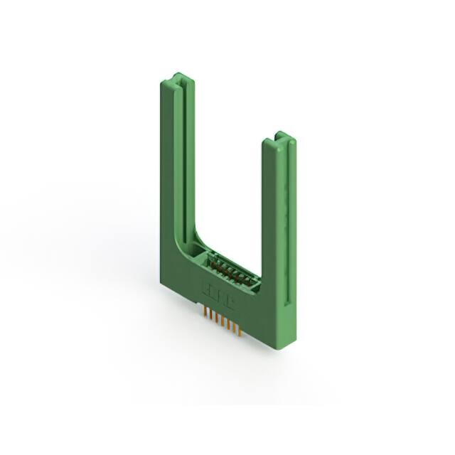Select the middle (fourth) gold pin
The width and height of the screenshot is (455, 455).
(222, 321)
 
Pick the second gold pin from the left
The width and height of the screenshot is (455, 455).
(211, 315)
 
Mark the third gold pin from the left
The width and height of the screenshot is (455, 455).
(216, 318)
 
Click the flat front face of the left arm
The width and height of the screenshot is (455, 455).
(168, 178)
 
